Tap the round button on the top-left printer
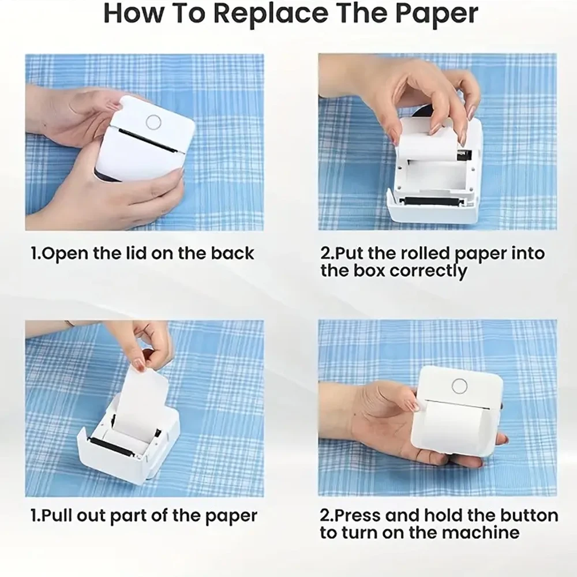pyautogui.click(x=153, y=121)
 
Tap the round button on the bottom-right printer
pyautogui.click(x=459, y=386)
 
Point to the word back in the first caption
pyautogui.click(x=233, y=253)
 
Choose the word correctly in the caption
pyautogui.click(x=428, y=271)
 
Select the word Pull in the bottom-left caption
pyautogui.click(x=59, y=515)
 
